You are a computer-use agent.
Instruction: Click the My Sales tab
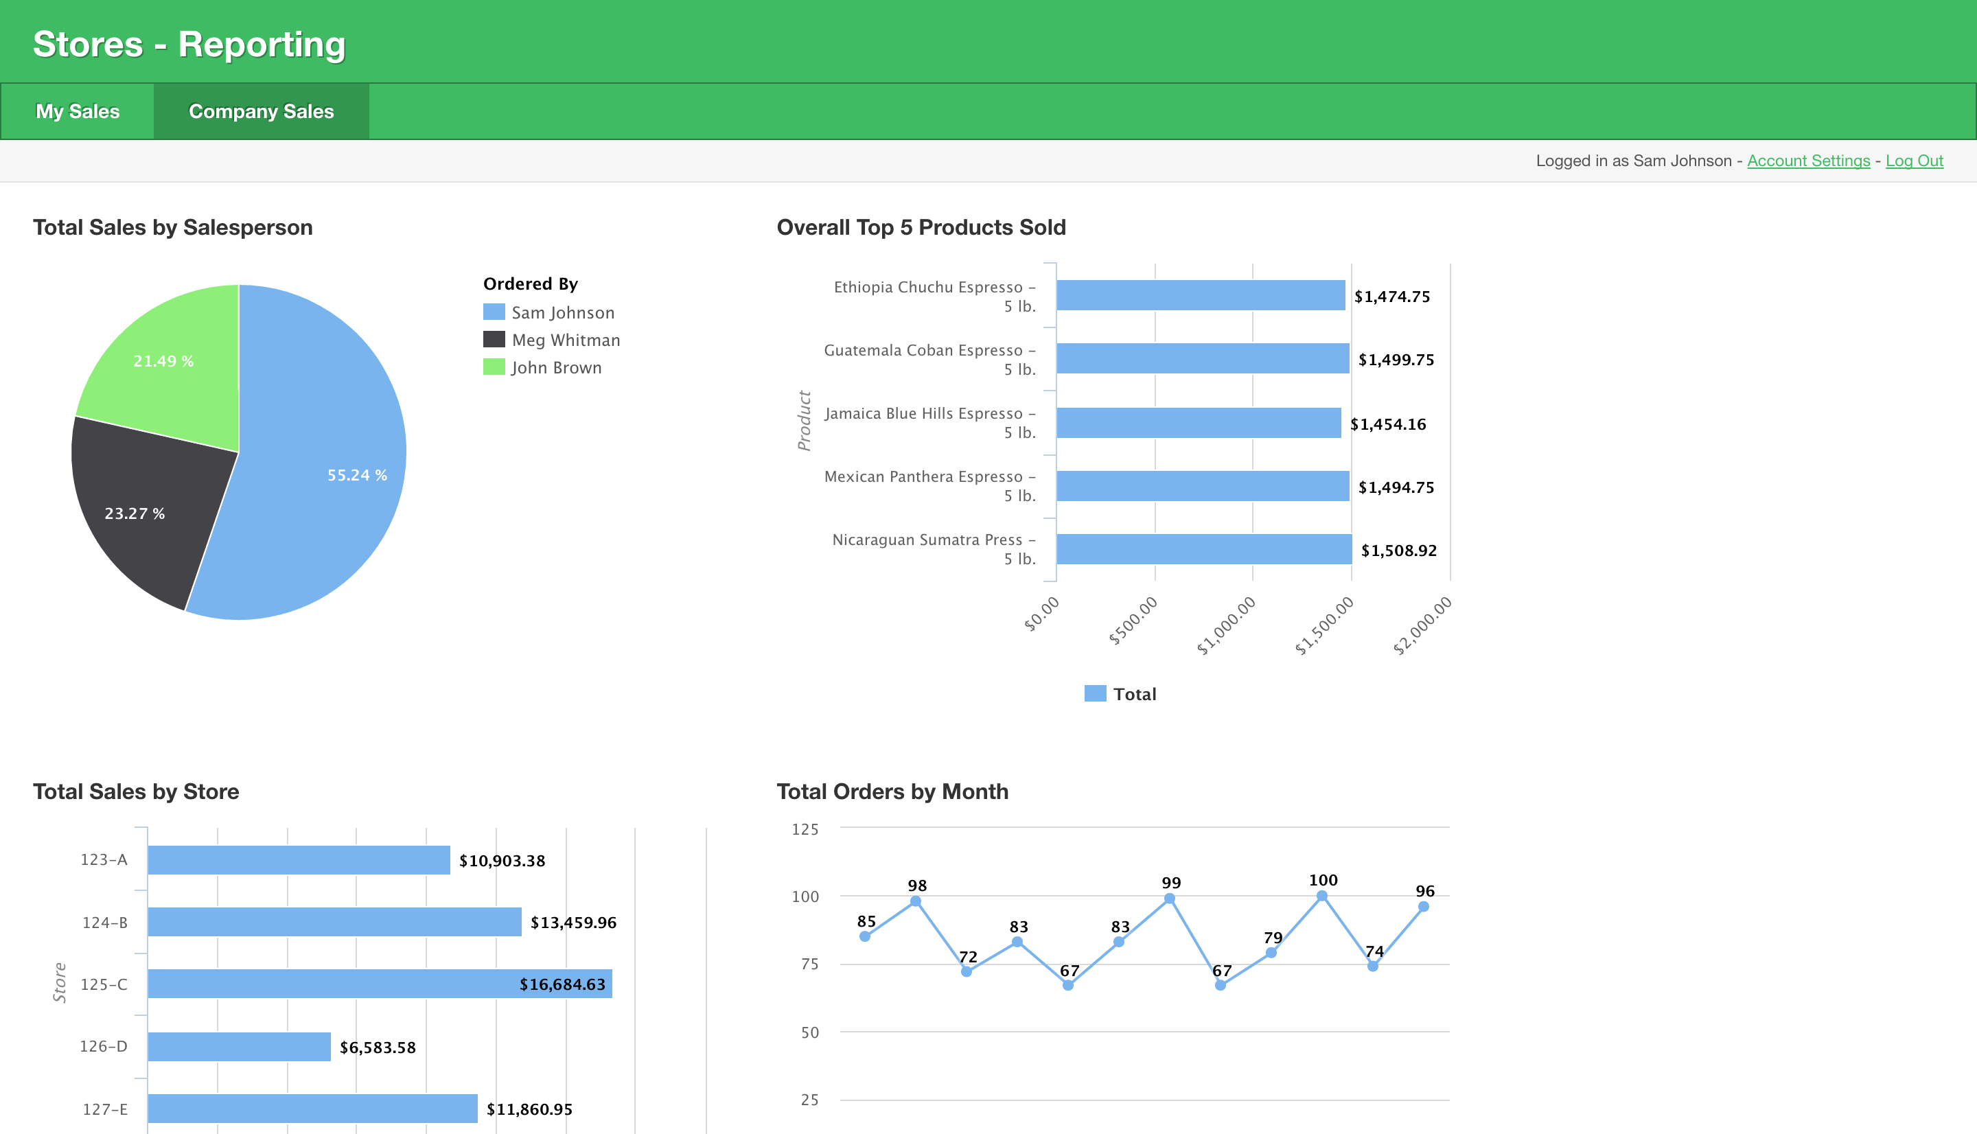[78, 111]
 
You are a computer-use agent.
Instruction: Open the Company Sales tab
[261, 111]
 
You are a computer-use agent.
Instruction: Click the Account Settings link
[1808, 161]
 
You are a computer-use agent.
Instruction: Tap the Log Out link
[1914, 161]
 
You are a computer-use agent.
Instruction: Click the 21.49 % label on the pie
[163, 361]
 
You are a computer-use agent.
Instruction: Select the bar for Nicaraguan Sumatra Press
[1203, 549]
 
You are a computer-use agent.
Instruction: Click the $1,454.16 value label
[1387, 424]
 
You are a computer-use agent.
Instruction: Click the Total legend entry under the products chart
[1120, 694]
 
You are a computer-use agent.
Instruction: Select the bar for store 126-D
[239, 1047]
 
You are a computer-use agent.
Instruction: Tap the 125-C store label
[104, 984]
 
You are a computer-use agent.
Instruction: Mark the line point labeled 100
[1321, 896]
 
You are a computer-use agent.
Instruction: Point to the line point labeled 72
[967, 971]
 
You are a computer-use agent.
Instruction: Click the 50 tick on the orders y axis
[810, 1032]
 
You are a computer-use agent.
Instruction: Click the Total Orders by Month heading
[892, 791]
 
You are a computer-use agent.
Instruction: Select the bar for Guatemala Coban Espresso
[1202, 358]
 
